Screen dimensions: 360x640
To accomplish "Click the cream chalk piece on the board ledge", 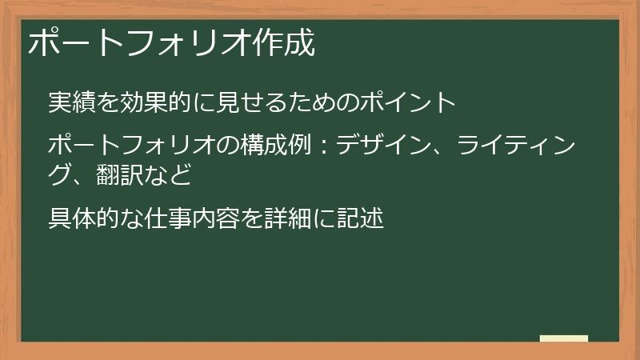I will [563, 338].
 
